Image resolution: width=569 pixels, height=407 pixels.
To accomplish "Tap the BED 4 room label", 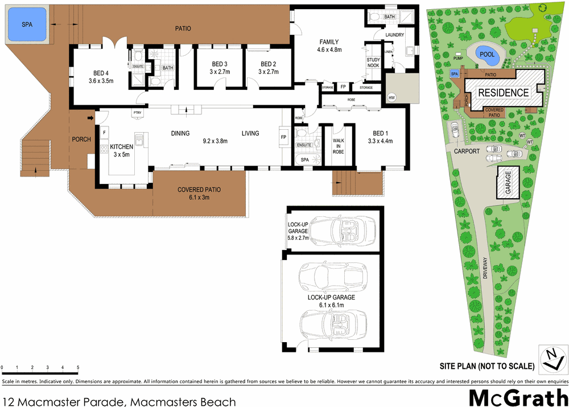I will [x=101, y=73].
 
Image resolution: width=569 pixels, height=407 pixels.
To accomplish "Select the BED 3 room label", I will [x=219, y=64].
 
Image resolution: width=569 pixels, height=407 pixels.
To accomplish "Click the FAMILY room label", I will [x=328, y=42].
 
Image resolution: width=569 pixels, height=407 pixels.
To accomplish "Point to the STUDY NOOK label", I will [x=373, y=62].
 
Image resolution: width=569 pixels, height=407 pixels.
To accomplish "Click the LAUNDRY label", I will [x=394, y=35].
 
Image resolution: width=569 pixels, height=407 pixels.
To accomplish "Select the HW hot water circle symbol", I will [x=391, y=98].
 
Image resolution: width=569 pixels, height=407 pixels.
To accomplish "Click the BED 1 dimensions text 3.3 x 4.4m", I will [x=380, y=141].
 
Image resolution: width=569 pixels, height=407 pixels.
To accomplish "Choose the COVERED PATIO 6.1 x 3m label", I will [x=199, y=194].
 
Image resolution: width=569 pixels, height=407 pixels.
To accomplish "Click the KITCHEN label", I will [x=121, y=146].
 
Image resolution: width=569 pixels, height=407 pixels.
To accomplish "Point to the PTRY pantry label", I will [x=137, y=113].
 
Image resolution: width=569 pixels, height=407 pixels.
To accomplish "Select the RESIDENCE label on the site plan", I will [x=502, y=93].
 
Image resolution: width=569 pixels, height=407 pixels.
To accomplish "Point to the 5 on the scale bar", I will [x=77, y=367].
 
